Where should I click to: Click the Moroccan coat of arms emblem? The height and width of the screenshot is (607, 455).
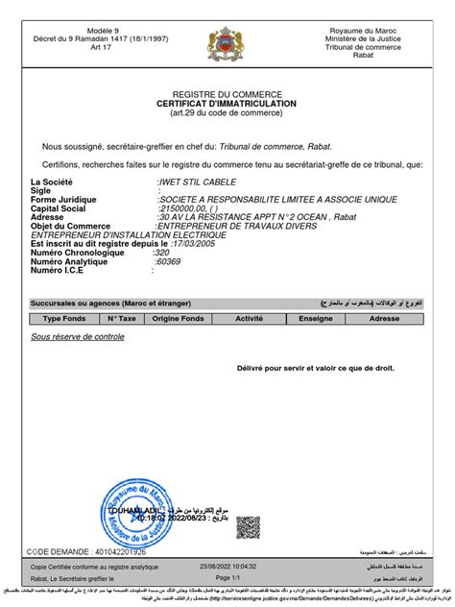click(227, 44)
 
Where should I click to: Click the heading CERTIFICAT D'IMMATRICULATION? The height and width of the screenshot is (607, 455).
click(227, 103)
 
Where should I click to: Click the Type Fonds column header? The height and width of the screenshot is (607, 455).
click(65, 318)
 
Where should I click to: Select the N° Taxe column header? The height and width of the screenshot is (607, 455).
click(122, 318)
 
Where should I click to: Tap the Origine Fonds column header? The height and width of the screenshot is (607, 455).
click(179, 318)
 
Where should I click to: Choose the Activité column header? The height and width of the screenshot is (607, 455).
click(250, 318)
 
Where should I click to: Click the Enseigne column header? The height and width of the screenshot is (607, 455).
click(315, 318)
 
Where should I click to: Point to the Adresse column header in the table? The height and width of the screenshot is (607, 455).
click(385, 318)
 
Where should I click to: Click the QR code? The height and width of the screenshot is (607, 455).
click(248, 526)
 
